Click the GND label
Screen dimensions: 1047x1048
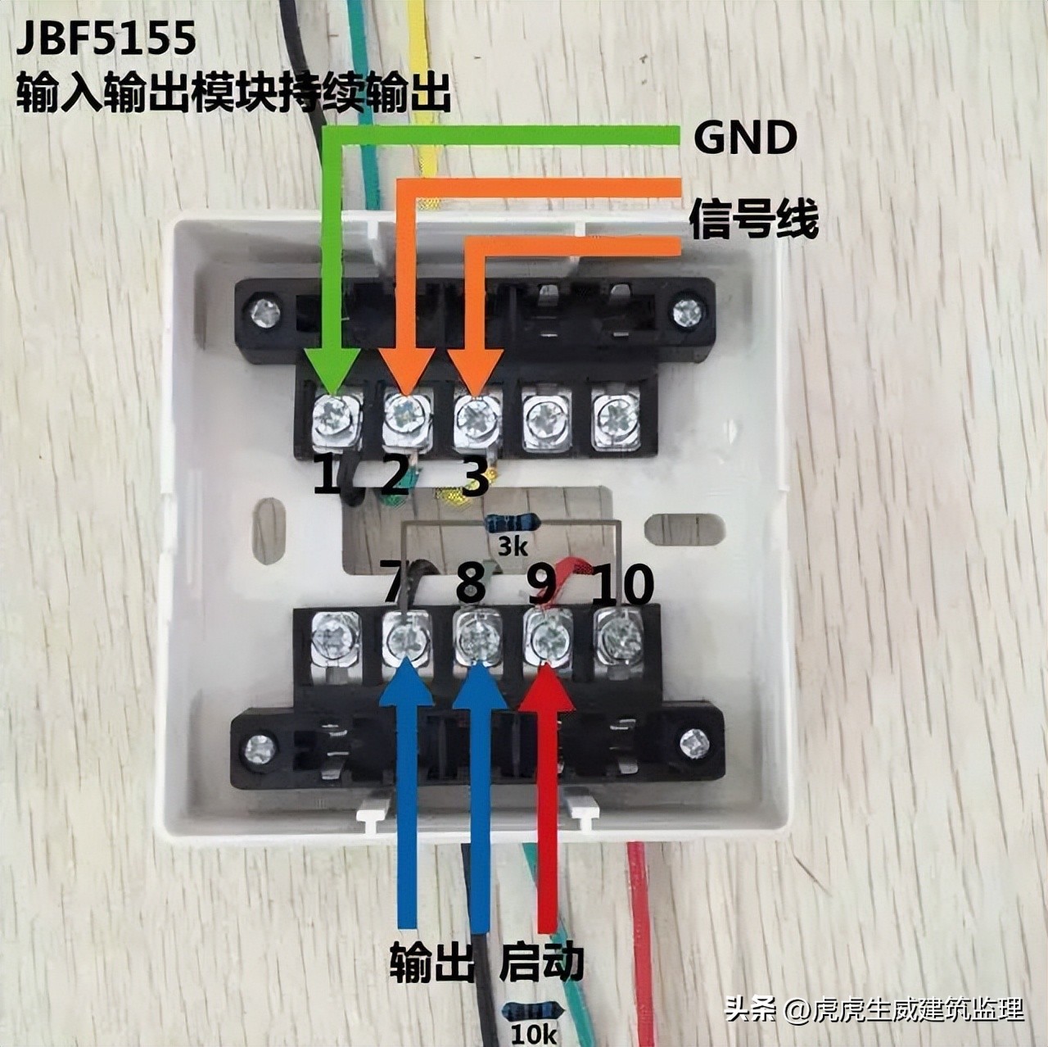(x=744, y=138)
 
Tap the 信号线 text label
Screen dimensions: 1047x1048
(x=753, y=218)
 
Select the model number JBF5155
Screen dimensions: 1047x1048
(x=106, y=39)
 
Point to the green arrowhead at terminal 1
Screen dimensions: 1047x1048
(x=332, y=373)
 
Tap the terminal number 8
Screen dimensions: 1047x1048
(x=470, y=583)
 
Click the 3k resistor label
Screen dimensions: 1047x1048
(x=513, y=546)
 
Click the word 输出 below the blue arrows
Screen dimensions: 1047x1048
(x=432, y=961)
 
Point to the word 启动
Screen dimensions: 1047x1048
(x=542, y=961)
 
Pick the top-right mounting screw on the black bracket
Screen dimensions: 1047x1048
(x=684, y=311)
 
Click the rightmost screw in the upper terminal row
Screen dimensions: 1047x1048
(x=616, y=418)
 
